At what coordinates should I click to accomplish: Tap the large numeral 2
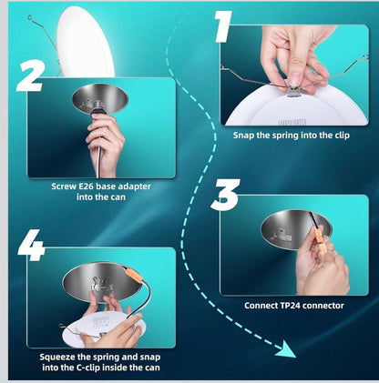pyautogui.click(x=30, y=76)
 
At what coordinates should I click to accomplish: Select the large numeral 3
pyautogui.click(x=225, y=195)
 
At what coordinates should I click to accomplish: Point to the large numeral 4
pyautogui.click(x=31, y=245)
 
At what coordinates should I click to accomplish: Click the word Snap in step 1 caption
pyautogui.click(x=244, y=136)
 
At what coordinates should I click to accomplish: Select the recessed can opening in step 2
pyautogui.click(x=100, y=98)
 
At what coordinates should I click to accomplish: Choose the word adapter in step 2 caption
pyautogui.click(x=134, y=186)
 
